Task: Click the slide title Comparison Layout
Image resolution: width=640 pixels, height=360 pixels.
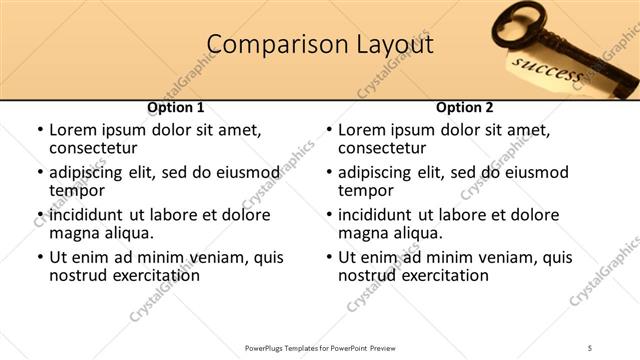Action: (320, 45)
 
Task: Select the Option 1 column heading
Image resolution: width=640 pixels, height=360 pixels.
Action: (176, 107)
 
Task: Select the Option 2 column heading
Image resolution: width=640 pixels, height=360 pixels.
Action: (465, 107)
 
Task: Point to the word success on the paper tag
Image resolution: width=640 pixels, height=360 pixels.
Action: (546, 71)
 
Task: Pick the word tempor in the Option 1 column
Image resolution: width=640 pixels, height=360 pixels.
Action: (77, 191)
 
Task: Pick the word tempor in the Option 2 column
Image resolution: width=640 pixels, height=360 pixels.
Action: (366, 191)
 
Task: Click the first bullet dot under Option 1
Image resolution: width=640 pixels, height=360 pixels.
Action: (38, 130)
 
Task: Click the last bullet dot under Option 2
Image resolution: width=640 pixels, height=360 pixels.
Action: (327, 257)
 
